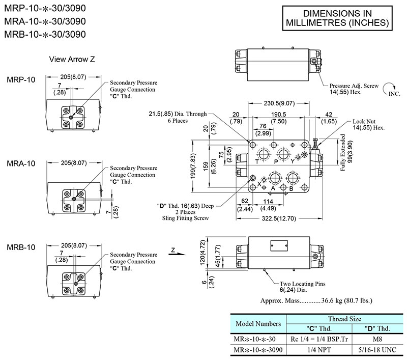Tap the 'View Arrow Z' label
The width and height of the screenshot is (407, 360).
click(x=72, y=59)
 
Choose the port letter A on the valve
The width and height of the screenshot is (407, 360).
click(x=273, y=188)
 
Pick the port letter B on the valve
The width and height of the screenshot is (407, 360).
click(x=291, y=188)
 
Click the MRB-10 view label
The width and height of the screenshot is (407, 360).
click(x=21, y=247)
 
